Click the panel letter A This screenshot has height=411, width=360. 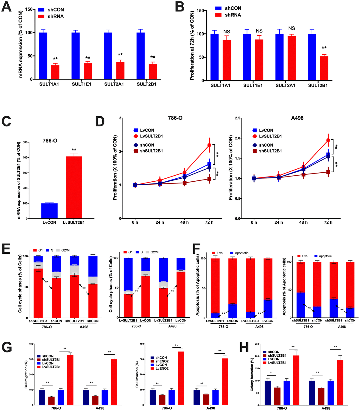[x=7, y=7]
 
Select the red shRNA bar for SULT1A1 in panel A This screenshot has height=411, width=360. [x=55, y=72]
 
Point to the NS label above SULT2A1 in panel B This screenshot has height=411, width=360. [x=292, y=28]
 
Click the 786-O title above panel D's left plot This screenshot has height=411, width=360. [x=175, y=118]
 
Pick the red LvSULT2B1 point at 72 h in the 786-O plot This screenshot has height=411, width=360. [x=209, y=145]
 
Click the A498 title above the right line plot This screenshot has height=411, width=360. [x=297, y=118]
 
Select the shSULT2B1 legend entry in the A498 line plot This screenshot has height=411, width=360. [x=270, y=151]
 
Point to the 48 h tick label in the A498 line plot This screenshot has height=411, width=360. [x=303, y=222]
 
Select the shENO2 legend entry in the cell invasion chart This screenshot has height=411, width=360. [x=161, y=361]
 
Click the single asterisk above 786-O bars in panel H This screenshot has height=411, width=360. [x=271, y=373]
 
